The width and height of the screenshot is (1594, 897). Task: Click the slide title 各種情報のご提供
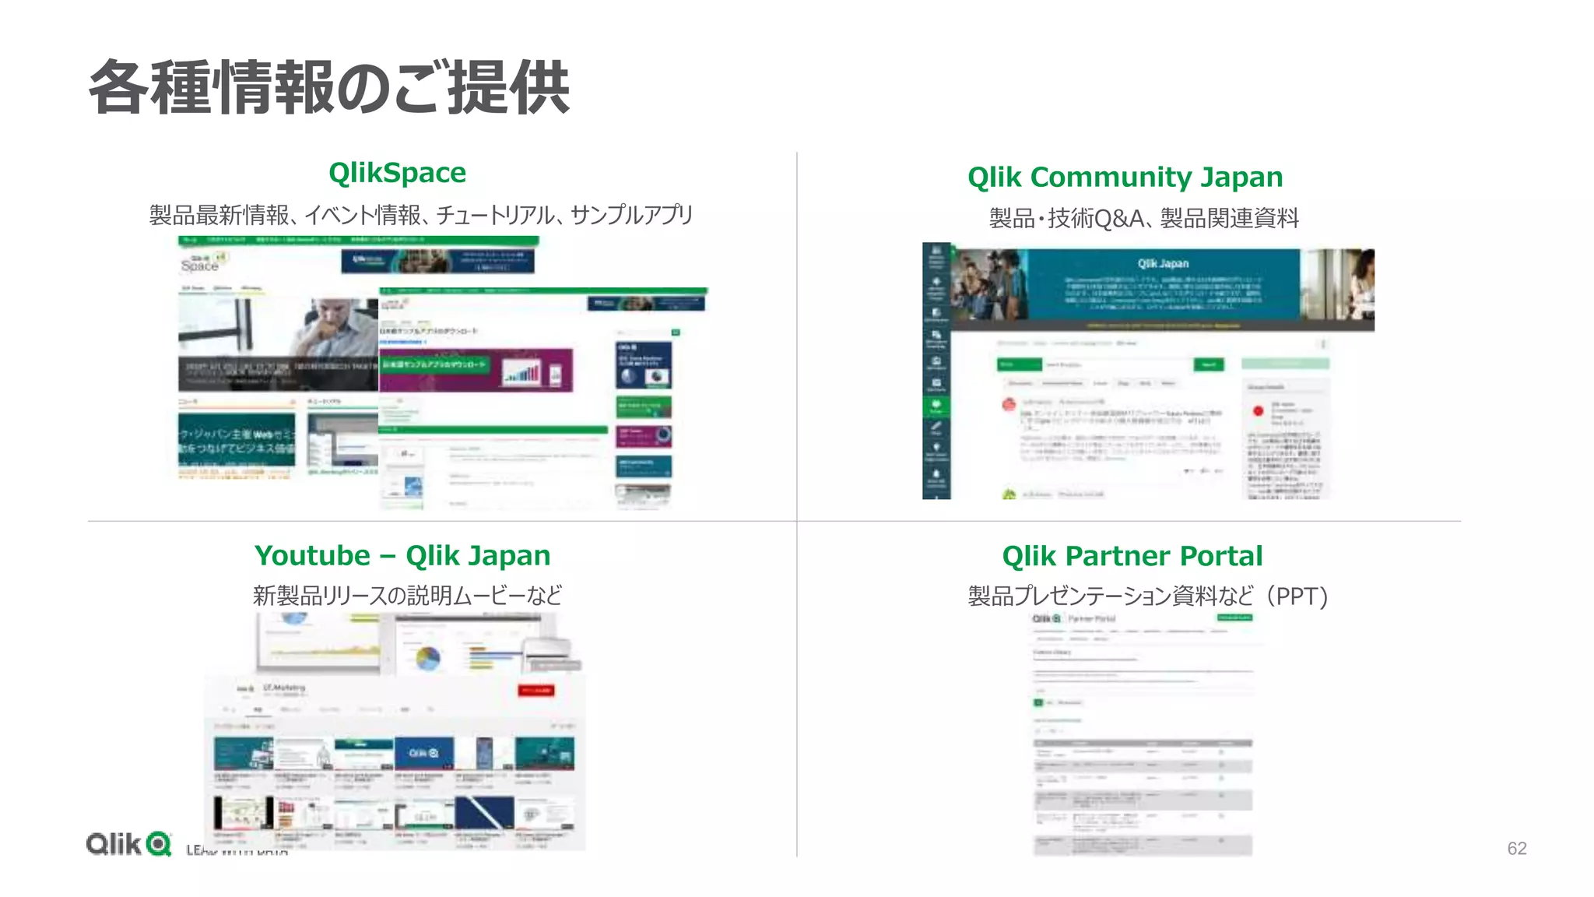click(x=329, y=87)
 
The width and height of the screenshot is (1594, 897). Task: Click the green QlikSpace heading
click(x=397, y=172)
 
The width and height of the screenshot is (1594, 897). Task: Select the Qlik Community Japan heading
click(x=1125, y=177)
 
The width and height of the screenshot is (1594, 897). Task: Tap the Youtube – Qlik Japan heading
click(x=402, y=555)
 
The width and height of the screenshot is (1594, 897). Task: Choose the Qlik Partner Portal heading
click(x=1132, y=556)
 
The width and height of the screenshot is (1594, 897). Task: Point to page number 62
click(x=1516, y=848)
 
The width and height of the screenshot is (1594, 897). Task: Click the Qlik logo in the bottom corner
click(x=128, y=844)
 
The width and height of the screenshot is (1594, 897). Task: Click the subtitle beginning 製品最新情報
click(x=420, y=214)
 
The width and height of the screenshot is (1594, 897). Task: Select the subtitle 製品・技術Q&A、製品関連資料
click(x=1143, y=218)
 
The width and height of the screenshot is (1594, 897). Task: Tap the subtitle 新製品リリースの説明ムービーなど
click(x=407, y=596)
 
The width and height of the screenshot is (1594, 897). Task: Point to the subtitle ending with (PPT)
click(x=1147, y=596)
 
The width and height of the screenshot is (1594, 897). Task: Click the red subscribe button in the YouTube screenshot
click(x=535, y=690)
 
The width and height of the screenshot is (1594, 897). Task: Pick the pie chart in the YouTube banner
click(x=427, y=658)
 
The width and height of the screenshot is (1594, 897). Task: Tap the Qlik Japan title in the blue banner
click(x=1163, y=263)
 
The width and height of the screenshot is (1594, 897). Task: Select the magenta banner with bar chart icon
click(x=476, y=370)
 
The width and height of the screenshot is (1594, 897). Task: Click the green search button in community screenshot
click(x=1209, y=364)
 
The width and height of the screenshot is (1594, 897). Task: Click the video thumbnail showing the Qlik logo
click(x=423, y=753)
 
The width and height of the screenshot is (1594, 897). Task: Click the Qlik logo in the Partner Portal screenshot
click(x=1046, y=618)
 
